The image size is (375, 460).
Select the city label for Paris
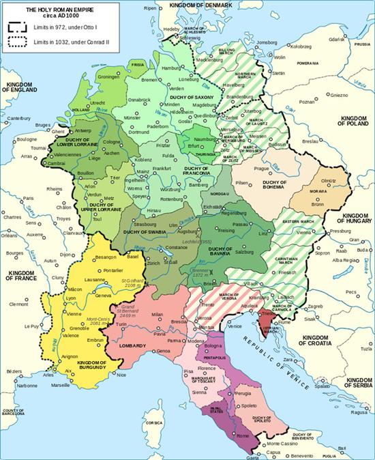point(27,199)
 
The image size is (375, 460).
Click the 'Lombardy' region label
point(132,347)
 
